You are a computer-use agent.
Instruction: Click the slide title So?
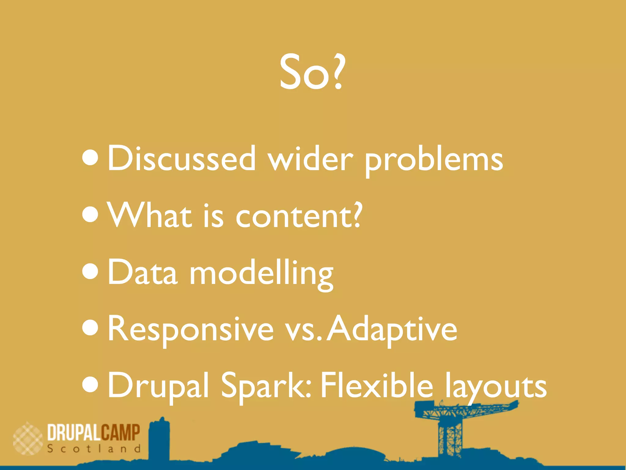click(312, 73)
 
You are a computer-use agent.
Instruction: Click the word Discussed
click(182, 159)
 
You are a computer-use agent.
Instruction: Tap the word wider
click(311, 159)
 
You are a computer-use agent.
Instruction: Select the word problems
click(434, 161)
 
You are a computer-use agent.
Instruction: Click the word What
click(150, 216)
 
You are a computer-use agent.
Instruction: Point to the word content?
click(299, 216)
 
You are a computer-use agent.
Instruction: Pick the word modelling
click(261, 273)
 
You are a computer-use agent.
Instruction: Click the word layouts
click(495, 387)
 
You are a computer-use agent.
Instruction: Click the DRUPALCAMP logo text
click(94, 432)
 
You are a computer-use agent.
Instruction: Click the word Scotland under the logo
click(94, 449)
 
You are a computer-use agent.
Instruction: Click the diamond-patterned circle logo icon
click(28, 438)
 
